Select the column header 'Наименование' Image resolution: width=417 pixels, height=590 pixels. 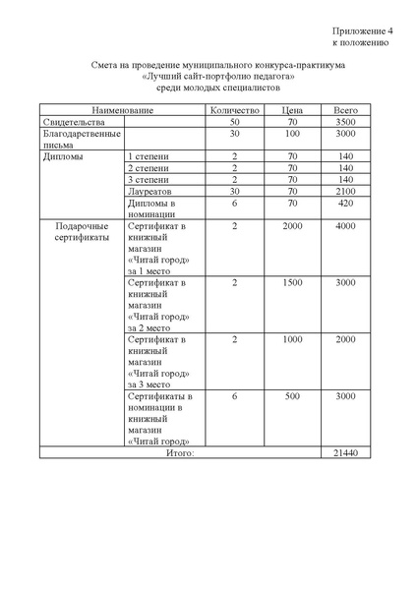(122, 109)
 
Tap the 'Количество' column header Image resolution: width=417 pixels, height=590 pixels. (235, 109)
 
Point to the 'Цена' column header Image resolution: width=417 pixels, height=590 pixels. (291, 109)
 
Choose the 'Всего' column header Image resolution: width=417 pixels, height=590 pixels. (345, 109)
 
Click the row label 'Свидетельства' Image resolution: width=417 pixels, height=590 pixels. (72, 121)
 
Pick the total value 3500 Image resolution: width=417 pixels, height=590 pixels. (345, 121)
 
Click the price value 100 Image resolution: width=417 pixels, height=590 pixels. (291, 133)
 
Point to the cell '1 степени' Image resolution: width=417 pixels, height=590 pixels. (149, 156)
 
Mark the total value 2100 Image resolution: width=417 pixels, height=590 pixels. (345, 192)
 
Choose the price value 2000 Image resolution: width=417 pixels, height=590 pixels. (291, 227)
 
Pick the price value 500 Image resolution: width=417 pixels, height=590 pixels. (291, 396)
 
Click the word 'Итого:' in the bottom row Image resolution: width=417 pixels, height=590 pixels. (180, 452)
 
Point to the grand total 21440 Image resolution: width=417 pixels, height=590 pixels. (345, 452)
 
